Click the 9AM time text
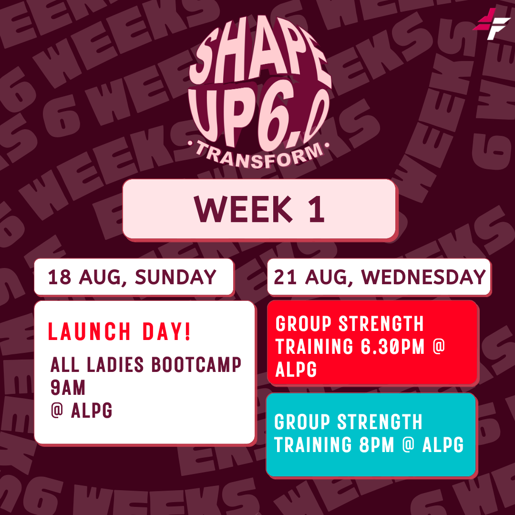point(68,388)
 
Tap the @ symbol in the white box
point(57,410)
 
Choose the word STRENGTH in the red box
point(381,324)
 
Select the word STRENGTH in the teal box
point(380,422)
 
